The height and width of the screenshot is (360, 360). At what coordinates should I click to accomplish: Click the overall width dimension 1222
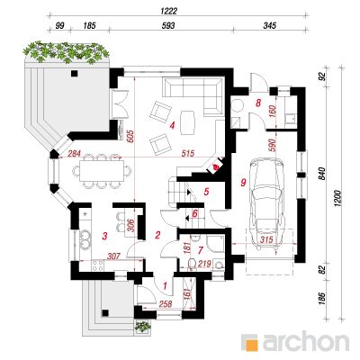(169, 11)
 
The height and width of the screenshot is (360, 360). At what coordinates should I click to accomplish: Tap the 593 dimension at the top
(168, 26)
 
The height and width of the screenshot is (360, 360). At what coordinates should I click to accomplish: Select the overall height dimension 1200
(338, 198)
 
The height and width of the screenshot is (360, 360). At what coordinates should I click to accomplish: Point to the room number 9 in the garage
(243, 182)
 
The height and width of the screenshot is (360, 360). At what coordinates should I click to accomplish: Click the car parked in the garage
(266, 203)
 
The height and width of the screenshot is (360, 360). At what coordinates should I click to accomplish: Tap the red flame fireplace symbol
(215, 166)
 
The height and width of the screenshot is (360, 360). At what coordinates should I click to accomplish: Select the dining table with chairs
(102, 171)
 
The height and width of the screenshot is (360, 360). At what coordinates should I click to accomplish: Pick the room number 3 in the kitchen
(104, 237)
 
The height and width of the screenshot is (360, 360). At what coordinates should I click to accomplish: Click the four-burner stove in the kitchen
(98, 265)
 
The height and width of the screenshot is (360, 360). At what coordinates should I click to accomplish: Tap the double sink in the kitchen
(85, 239)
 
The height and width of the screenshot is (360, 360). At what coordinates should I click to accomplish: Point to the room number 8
(257, 103)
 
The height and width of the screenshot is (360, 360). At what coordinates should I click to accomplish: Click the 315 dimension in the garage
(266, 240)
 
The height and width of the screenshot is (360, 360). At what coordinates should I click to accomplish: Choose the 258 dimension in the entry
(166, 304)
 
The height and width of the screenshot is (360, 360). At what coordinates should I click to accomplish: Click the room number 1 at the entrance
(165, 285)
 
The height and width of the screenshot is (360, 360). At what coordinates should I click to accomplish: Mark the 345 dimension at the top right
(269, 26)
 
